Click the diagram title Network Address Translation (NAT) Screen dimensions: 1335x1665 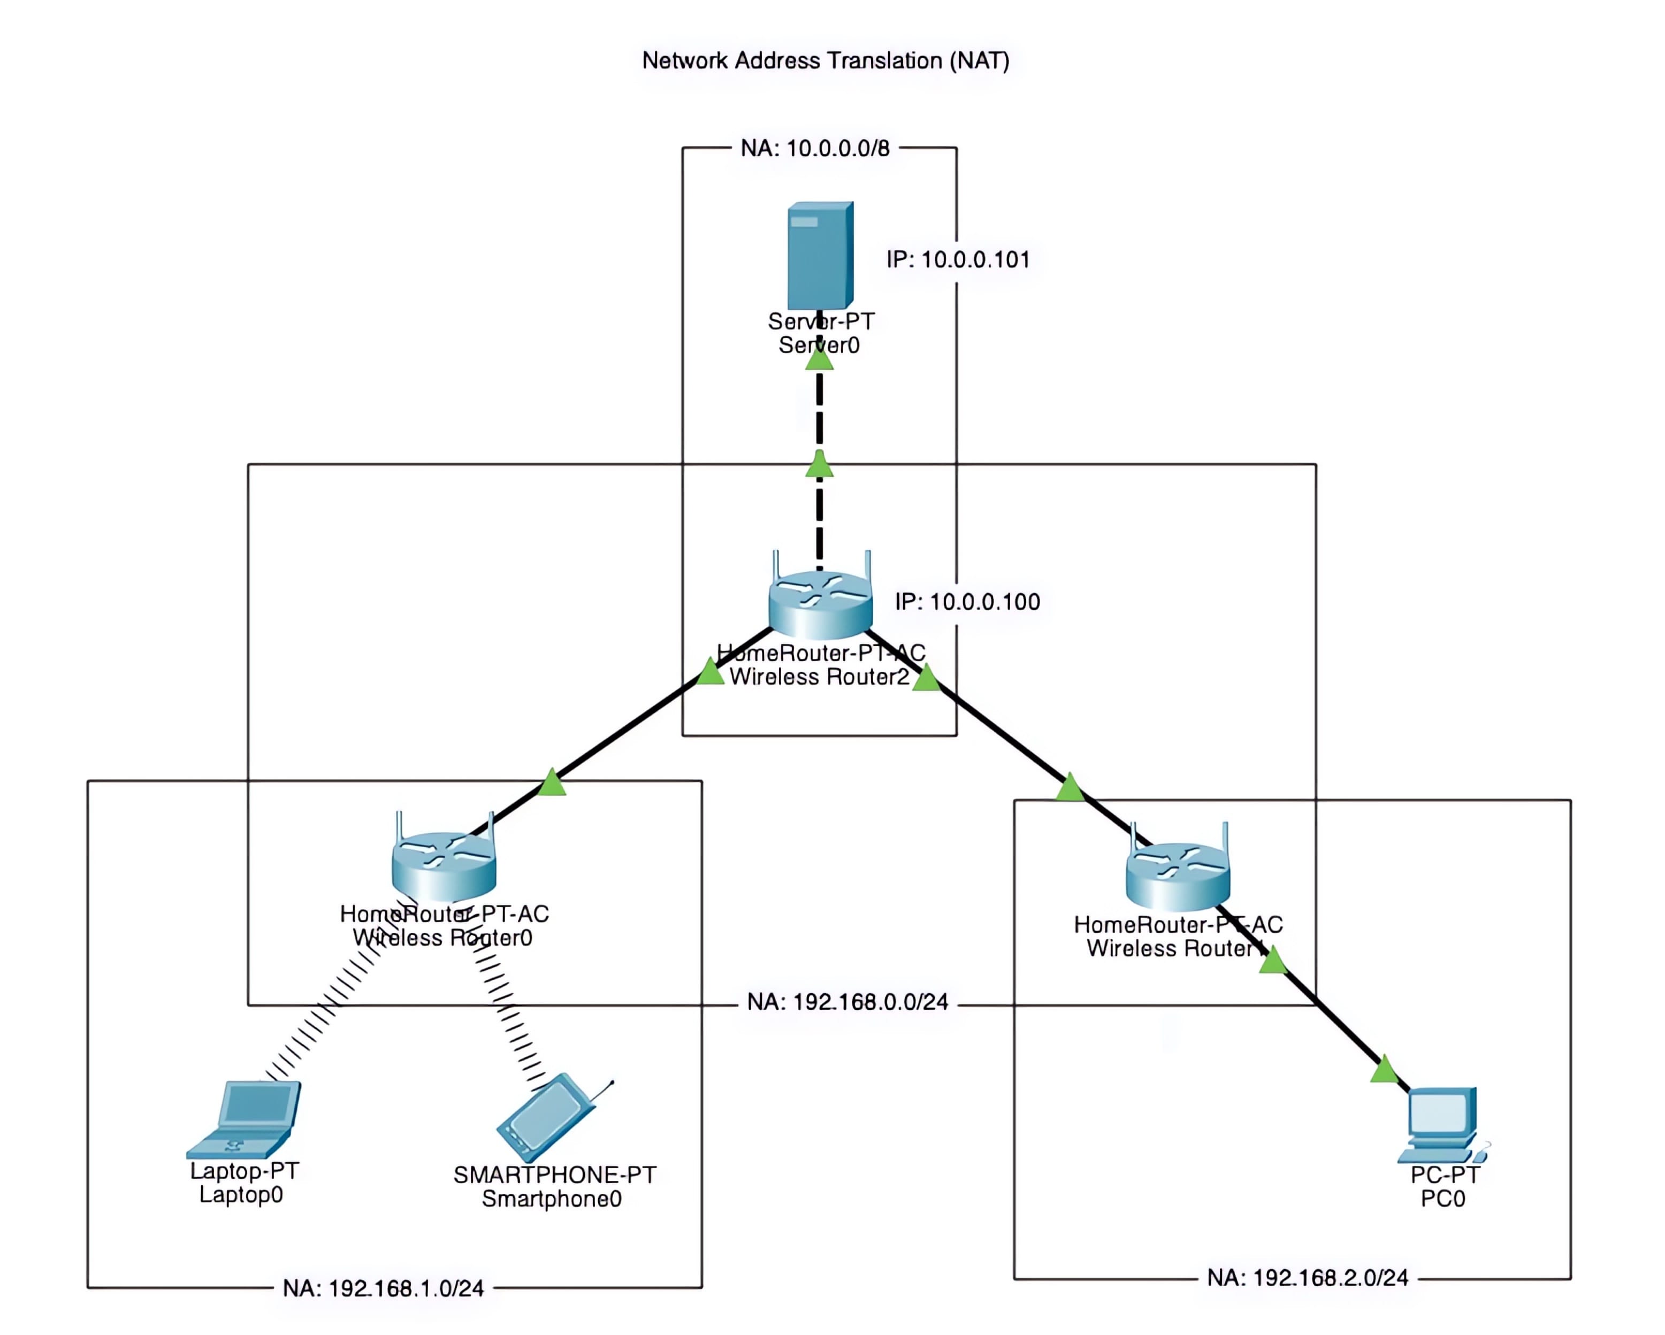(x=826, y=60)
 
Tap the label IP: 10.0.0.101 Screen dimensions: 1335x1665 (x=958, y=259)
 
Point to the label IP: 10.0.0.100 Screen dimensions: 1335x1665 (x=967, y=602)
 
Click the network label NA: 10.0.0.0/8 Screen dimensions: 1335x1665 (x=815, y=148)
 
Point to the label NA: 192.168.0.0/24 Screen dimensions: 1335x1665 (x=847, y=1002)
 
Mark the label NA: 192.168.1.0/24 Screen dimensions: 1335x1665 (x=383, y=1288)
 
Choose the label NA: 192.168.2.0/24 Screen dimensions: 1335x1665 (x=1308, y=1278)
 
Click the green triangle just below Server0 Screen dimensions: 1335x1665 (x=819, y=359)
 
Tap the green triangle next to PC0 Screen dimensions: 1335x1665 (x=1384, y=1070)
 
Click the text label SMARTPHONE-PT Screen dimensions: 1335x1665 (x=554, y=1175)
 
